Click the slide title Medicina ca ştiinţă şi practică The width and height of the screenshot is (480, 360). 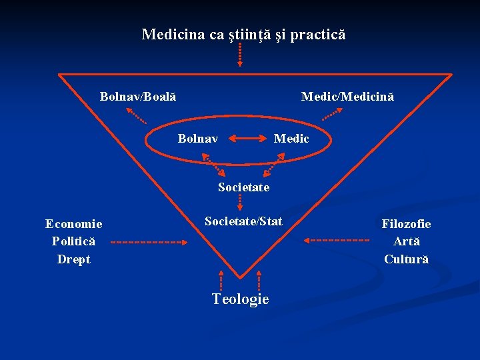pyautogui.click(x=243, y=34)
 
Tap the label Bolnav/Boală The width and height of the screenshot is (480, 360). pyautogui.click(x=138, y=97)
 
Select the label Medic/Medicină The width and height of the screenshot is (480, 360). pyautogui.click(x=347, y=97)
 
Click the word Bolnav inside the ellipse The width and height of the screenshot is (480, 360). pyautogui.click(x=198, y=139)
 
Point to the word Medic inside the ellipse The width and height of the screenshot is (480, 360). pyautogui.click(x=292, y=139)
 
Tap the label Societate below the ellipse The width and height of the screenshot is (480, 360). pyautogui.click(x=243, y=187)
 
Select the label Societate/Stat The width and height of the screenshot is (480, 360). pyautogui.click(x=243, y=221)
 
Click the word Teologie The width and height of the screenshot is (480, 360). pyautogui.click(x=240, y=299)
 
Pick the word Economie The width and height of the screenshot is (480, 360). pyautogui.click(x=73, y=225)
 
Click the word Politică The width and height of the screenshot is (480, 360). pyautogui.click(x=73, y=241)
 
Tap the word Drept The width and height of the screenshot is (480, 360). pyautogui.click(x=73, y=259)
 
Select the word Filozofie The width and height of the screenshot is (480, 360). pyautogui.click(x=406, y=225)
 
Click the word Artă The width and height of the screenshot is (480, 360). pyautogui.click(x=406, y=241)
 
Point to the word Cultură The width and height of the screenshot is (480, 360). pyautogui.click(x=406, y=259)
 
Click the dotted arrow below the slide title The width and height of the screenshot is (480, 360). pyautogui.click(x=240, y=55)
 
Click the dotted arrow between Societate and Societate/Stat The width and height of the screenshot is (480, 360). pyautogui.click(x=240, y=203)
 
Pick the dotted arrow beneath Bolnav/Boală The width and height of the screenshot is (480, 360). pyautogui.click(x=137, y=117)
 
